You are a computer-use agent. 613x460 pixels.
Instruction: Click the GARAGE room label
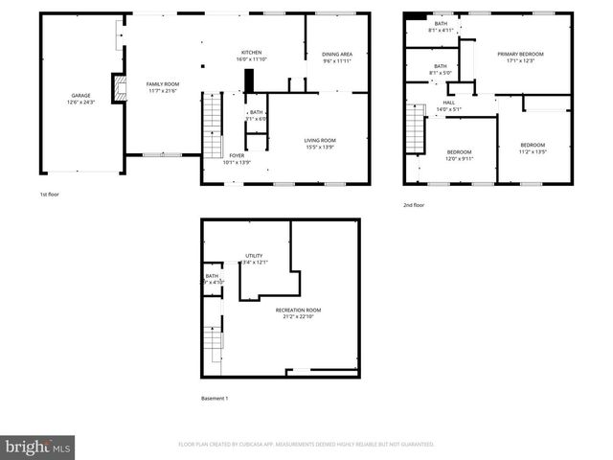(80, 96)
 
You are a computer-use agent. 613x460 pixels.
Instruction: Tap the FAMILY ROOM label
(163, 84)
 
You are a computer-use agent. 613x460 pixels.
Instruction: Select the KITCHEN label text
(251, 52)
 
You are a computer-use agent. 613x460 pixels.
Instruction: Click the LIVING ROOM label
(320, 141)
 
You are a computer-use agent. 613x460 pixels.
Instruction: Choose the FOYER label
(237, 155)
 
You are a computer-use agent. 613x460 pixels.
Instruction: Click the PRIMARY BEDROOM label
(520, 55)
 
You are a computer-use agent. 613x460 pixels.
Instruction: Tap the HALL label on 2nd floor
(448, 103)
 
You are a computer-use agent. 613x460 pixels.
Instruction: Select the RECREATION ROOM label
(298, 310)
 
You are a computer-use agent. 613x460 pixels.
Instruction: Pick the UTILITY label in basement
(254, 256)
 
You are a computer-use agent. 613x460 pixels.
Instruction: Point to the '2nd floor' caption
(415, 205)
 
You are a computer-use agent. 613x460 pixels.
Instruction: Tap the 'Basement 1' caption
(215, 399)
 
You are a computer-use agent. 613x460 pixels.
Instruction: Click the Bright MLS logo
(38, 447)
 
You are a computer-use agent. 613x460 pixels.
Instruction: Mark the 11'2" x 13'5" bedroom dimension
(533, 151)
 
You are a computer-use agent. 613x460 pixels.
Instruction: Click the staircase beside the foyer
(212, 130)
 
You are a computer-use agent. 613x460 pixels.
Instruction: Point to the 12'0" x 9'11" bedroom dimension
(459, 158)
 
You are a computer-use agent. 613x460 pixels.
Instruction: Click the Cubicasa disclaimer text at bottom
(306, 445)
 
